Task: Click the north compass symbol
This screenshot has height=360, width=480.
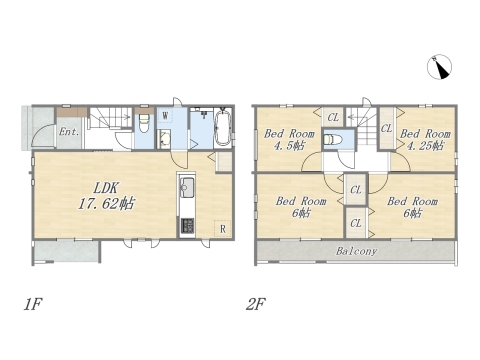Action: pyautogui.click(x=439, y=67)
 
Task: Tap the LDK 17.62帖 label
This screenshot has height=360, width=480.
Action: pyautogui.click(x=106, y=196)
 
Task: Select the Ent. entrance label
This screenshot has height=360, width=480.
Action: pyautogui.click(x=69, y=132)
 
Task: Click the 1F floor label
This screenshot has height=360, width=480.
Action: pyautogui.click(x=33, y=304)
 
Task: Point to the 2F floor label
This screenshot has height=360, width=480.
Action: pyautogui.click(x=256, y=304)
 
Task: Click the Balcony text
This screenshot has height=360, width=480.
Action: pyautogui.click(x=356, y=251)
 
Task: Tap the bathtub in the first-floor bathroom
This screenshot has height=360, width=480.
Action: pyautogui.click(x=223, y=127)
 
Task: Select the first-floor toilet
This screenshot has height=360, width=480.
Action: pyautogui.click(x=144, y=123)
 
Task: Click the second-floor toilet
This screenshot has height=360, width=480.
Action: pyautogui.click(x=332, y=139)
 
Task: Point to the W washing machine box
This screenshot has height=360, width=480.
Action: pyautogui.click(x=165, y=116)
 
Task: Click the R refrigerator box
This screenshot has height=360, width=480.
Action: pyautogui.click(x=222, y=228)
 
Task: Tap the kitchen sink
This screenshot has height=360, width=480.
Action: pyautogui.click(x=187, y=185)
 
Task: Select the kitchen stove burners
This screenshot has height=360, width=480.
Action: pyautogui.click(x=187, y=226)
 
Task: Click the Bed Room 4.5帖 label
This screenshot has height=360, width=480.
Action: pyautogui.click(x=289, y=139)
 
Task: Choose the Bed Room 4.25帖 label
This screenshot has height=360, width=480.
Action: pyautogui.click(x=425, y=139)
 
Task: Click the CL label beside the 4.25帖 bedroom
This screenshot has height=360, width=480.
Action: pyautogui.click(x=387, y=128)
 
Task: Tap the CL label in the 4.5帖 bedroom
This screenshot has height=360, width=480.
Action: pyautogui.click(x=333, y=117)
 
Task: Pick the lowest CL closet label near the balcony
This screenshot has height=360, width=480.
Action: pyautogui.click(x=356, y=223)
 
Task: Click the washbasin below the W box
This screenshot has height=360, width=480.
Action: pyautogui.click(x=164, y=139)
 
